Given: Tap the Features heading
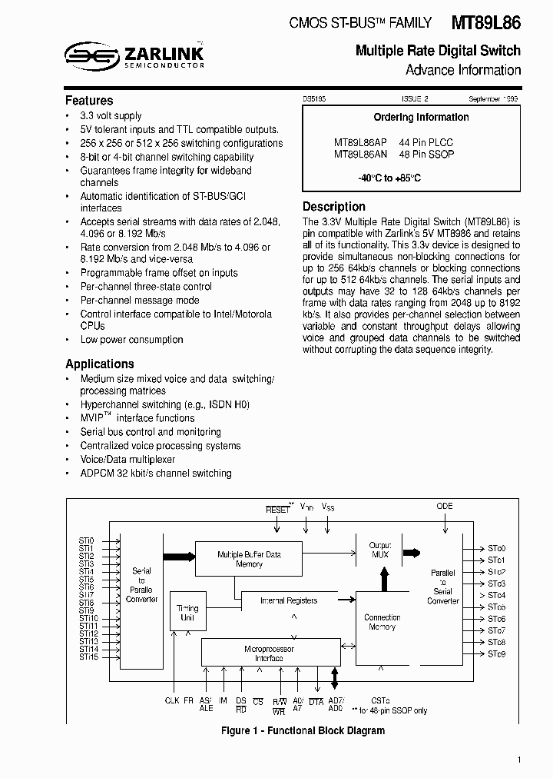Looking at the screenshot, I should [89, 101].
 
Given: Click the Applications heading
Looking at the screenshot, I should [100, 364].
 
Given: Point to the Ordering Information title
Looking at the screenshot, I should [421, 118].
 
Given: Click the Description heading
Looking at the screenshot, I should [334, 207].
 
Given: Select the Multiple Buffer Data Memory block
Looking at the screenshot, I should [250, 559].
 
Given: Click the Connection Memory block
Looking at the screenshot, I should [382, 622].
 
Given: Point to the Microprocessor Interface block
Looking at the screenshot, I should [269, 653].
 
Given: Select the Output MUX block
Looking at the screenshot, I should [380, 550].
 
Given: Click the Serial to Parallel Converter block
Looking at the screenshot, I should [141, 584].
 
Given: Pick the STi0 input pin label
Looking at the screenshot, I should [86, 540].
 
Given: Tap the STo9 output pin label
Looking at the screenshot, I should [496, 653].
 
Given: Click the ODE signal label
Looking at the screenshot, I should [445, 506].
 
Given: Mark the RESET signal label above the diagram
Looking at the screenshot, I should [277, 510].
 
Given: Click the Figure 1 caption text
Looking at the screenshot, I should [303, 730].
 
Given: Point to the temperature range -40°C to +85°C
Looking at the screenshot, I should [389, 178].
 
